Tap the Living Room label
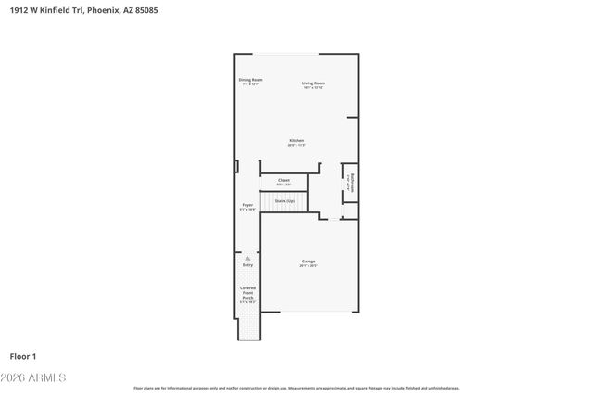click(x=313, y=83)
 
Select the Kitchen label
click(x=296, y=141)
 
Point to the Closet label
click(x=284, y=180)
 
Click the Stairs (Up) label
click(x=284, y=200)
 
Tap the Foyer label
click(x=247, y=205)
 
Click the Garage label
click(x=309, y=262)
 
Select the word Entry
click(x=247, y=266)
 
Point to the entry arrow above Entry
click(x=247, y=259)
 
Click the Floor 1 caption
click(x=22, y=355)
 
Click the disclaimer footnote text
click(x=296, y=388)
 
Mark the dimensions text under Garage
click(x=309, y=266)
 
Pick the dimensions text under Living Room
click(x=313, y=88)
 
